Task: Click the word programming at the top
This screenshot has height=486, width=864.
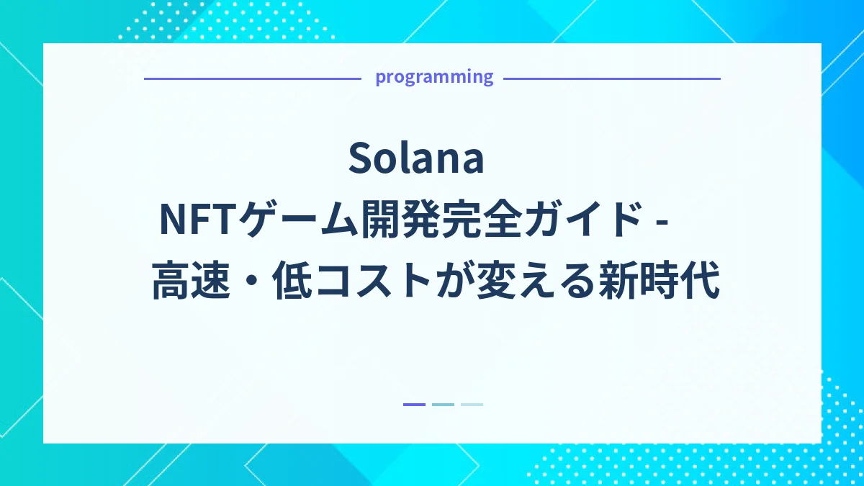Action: [x=434, y=77]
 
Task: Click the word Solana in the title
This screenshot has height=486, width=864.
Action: [x=415, y=159]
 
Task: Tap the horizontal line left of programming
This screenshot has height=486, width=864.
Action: [x=252, y=78]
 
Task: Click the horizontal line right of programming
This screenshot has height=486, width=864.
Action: [x=612, y=78]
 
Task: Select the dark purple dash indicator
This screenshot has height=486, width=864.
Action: [x=414, y=405]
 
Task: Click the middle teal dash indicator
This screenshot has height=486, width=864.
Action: [x=443, y=405]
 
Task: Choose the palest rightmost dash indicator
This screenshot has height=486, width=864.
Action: [x=472, y=405]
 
